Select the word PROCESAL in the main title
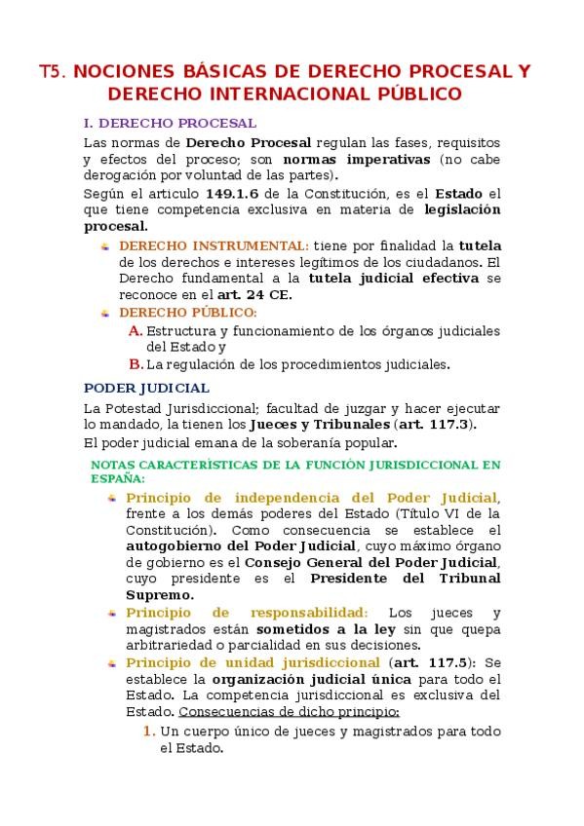point(450,72)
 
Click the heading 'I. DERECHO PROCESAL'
point(171,124)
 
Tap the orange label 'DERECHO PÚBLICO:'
point(188,313)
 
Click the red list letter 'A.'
point(136,330)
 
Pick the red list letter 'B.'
point(136,364)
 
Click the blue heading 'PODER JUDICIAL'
point(146,388)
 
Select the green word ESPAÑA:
point(118,478)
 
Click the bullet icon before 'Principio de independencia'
point(112,498)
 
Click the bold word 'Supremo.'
point(159,595)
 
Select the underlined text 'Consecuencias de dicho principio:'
point(283,712)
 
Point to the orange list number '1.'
point(149,731)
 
